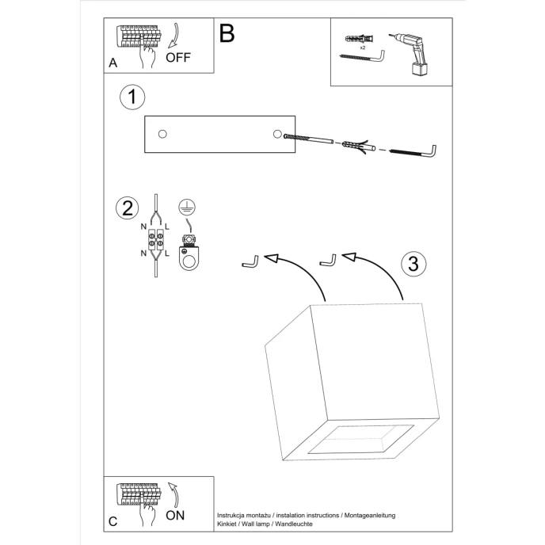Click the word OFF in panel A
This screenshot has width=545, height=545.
(x=179, y=58)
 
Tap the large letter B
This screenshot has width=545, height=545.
(x=227, y=33)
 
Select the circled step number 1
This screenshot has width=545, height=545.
(x=132, y=97)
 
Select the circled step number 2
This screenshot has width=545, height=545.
(x=126, y=209)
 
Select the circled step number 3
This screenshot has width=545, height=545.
(x=412, y=264)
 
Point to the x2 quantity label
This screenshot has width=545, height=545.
(x=362, y=48)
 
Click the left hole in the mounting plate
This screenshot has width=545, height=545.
(x=162, y=133)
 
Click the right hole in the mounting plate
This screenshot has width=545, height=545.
(x=277, y=133)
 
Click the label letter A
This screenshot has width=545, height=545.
(x=112, y=63)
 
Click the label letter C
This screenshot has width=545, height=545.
(x=112, y=521)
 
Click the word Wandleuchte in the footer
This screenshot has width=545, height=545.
(x=294, y=524)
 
